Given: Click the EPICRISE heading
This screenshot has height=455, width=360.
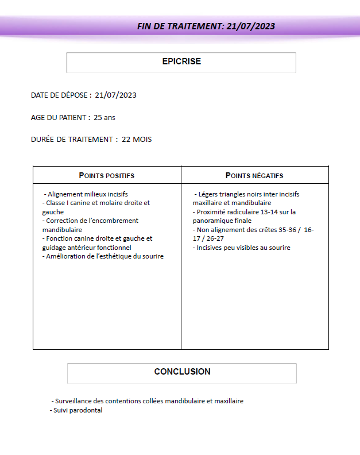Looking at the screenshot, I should coord(181,61).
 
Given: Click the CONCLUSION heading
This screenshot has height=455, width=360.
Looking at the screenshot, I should coord(182,372).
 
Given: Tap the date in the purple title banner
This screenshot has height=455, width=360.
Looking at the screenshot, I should coord(251,26).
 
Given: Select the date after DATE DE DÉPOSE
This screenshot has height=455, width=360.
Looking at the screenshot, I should coord(116,95).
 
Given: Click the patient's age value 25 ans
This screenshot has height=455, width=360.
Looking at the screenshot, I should coord(104,117).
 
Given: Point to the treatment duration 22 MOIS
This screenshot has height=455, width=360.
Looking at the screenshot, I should coord(137,140).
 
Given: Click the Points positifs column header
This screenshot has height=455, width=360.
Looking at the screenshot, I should coord(107,175).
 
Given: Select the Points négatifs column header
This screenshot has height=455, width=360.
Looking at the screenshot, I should coord(254,175).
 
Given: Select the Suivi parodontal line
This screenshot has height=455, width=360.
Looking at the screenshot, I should coord(76,410).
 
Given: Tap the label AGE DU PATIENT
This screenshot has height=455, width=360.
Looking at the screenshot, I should coord(60,117).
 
